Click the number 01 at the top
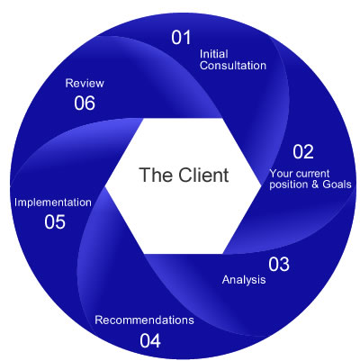coord(183,39)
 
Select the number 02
coord(303,152)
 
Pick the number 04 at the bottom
coord(150,340)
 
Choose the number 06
coord(85,103)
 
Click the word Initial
coord(212,52)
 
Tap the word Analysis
coord(244,280)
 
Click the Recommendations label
coord(144,320)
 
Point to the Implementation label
coord(53,202)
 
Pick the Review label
coord(85,83)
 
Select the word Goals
coord(333,184)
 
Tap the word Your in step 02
coord(281,172)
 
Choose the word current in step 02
coord(313,172)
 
